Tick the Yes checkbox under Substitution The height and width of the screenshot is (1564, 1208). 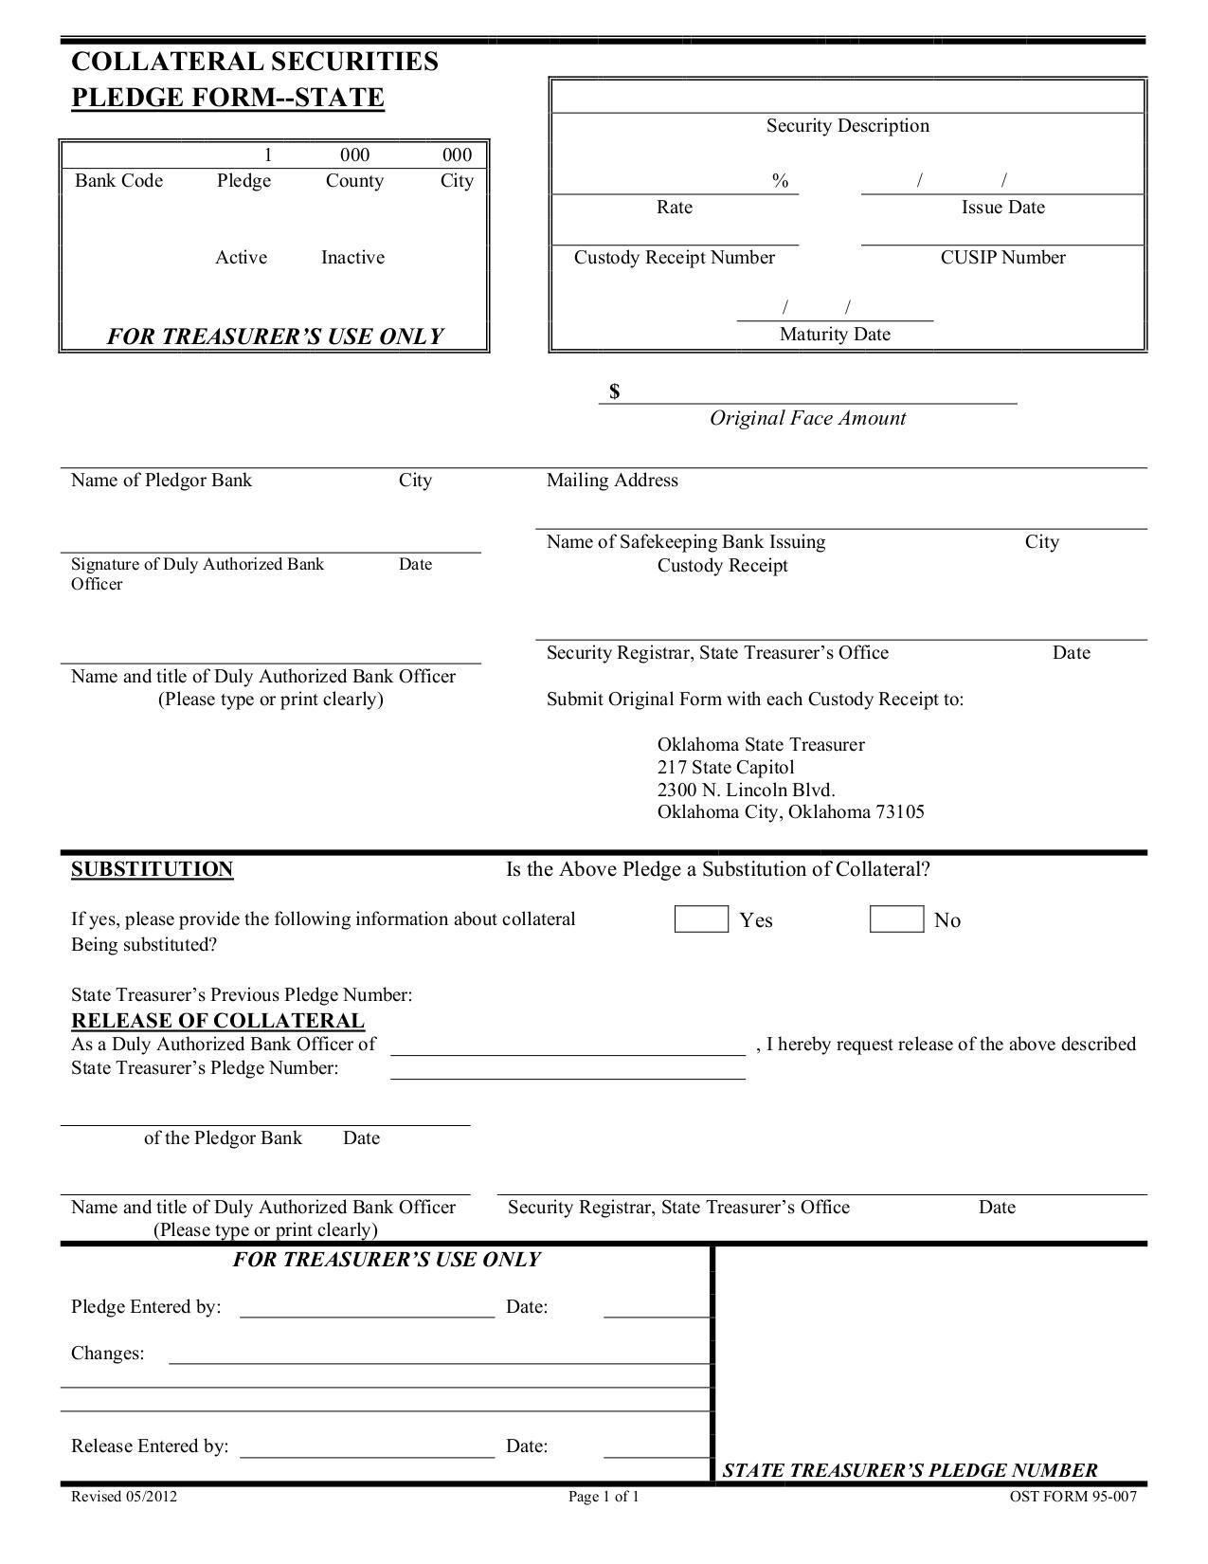[701, 919]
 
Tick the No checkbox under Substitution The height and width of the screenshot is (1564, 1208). [896, 919]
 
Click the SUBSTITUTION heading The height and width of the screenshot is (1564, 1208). [152, 869]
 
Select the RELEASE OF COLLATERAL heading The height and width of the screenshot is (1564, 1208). [218, 1021]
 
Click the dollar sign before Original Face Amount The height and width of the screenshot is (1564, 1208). [615, 391]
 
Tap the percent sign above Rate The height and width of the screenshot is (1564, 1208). [780, 181]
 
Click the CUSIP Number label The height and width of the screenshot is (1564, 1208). [1002, 258]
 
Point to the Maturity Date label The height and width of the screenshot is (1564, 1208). [835, 335]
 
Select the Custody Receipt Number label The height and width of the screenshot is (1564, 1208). [675, 258]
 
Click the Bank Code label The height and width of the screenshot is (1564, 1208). [119, 181]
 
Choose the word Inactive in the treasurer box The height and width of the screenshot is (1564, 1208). [352, 258]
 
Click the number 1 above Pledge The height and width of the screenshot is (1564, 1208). [268, 155]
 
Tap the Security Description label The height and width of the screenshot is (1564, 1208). [848, 126]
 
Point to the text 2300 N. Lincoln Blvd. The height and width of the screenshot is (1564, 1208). [747, 790]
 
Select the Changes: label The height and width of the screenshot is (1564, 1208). [108, 1354]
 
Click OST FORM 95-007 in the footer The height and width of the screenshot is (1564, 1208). [1073, 1498]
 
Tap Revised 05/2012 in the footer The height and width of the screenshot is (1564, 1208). [124, 1498]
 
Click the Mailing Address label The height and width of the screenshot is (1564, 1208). [612, 481]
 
